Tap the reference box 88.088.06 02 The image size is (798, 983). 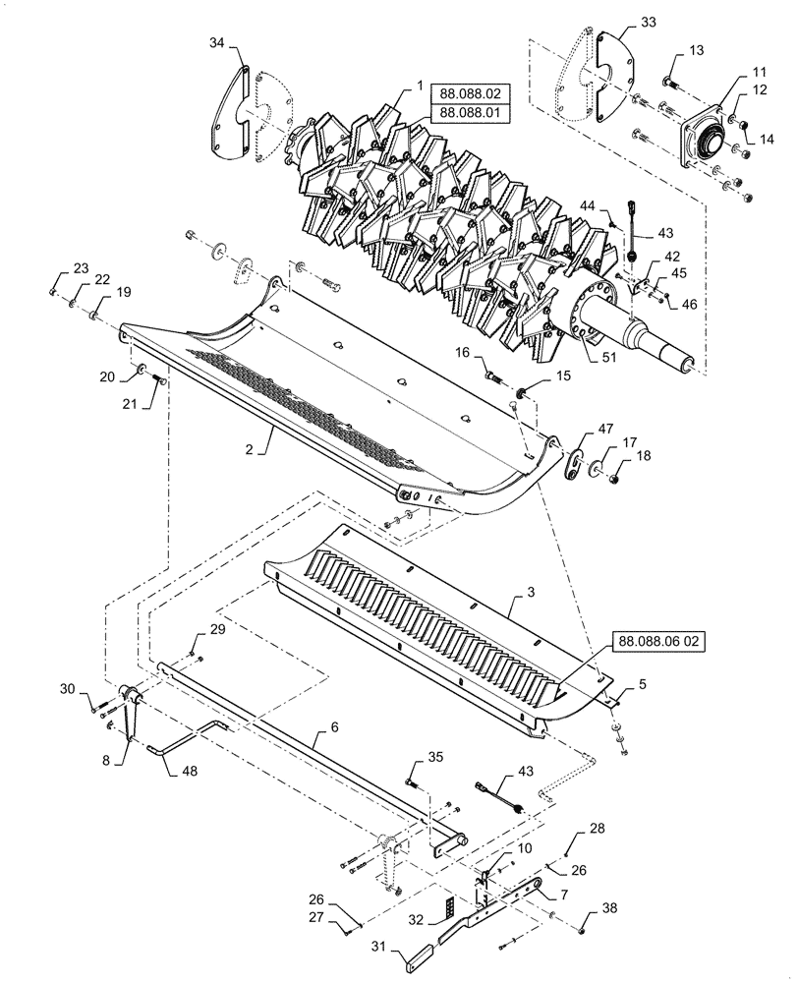point(658,640)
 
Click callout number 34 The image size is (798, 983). point(216,42)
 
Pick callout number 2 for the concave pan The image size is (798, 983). point(249,448)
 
